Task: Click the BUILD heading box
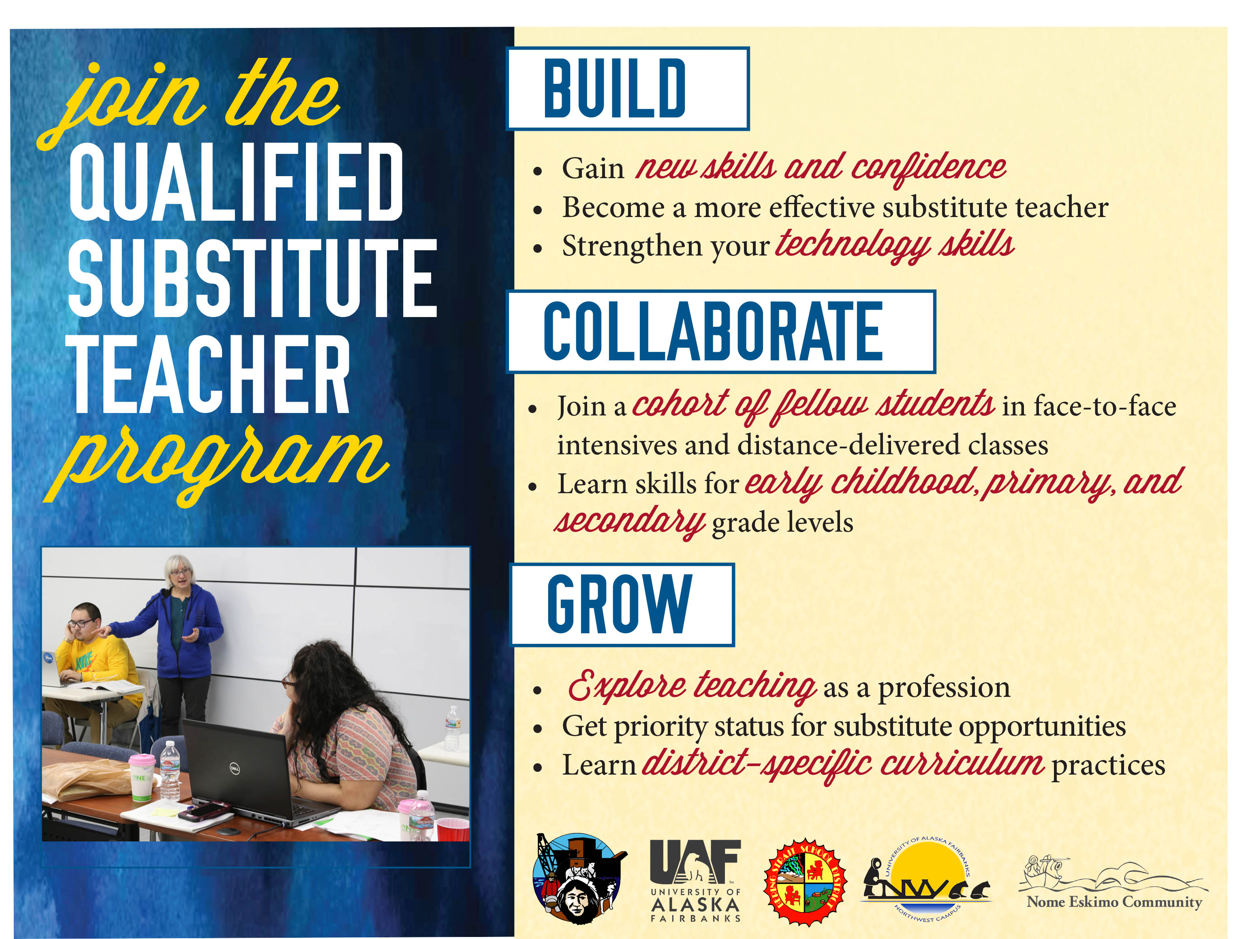point(628,89)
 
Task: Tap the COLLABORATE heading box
point(721,332)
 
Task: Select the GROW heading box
point(622,605)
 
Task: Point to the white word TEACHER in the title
point(208,374)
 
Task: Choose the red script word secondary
point(630,521)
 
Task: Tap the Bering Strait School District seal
point(806,882)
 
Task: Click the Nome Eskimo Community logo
point(1113,883)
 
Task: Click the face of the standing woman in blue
point(180,575)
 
